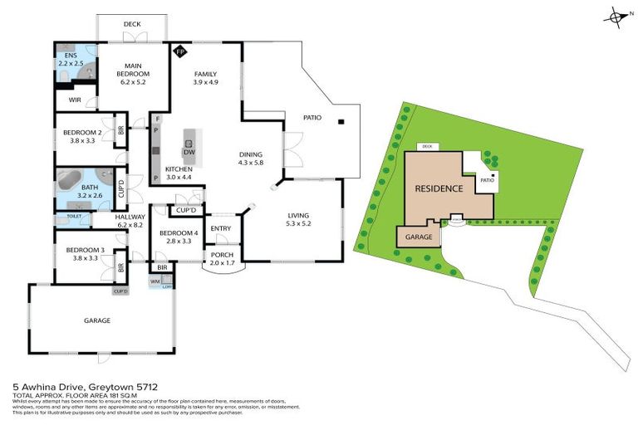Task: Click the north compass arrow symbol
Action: coord(616,17)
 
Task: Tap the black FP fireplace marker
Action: coord(179,52)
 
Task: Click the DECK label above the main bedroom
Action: coord(132,25)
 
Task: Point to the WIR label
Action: coord(74,100)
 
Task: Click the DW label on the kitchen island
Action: coord(189,152)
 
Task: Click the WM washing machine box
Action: coord(155,282)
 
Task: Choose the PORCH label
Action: coord(222,255)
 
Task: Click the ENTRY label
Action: coord(221,228)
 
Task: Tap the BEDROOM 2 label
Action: coord(82,132)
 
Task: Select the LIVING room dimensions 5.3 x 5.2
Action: coord(297,222)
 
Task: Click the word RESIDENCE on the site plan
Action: coord(438,188)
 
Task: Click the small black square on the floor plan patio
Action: coord(341,124)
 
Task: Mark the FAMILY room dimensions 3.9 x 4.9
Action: coord(204,83)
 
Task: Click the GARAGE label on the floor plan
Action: coord(96,320)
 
